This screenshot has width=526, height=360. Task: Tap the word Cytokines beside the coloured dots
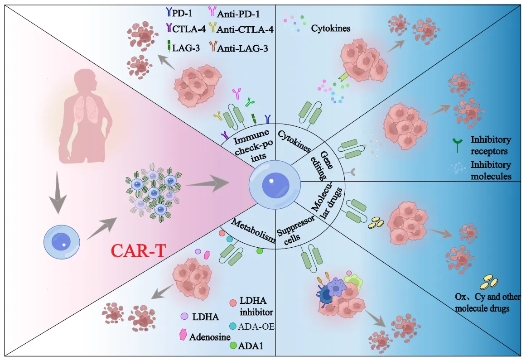pyautogui.click(x=331, y=28)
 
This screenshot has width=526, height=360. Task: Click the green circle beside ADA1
pyautogui.click(x=233, y=346)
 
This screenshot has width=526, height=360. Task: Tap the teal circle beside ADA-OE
pyautogui.click(x=233, y=326)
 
